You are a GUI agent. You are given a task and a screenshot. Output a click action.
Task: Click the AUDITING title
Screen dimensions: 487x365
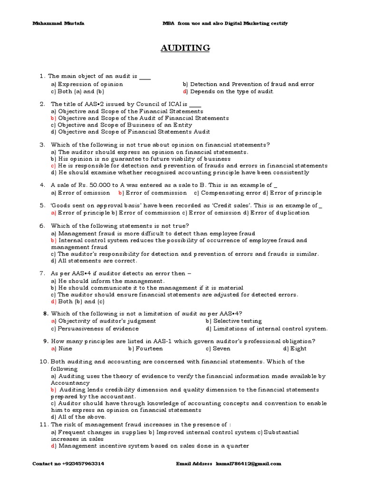pos(182,48)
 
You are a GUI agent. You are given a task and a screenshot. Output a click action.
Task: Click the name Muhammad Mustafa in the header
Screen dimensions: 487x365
pos(52,23)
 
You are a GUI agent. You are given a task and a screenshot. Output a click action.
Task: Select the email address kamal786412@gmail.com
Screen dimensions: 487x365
pos(249,463)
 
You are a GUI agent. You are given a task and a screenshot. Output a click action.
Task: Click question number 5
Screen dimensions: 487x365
pos(42,205)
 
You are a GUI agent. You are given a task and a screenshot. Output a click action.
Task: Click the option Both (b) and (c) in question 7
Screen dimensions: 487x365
pos(77,302)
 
